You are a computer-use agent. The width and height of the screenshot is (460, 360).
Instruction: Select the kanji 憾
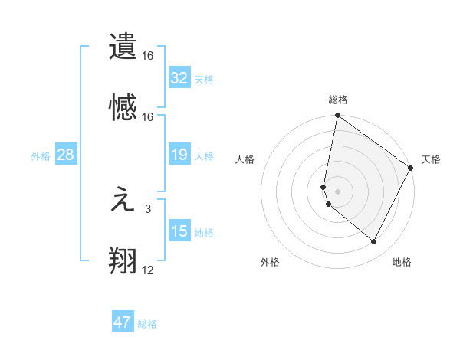point(123,107)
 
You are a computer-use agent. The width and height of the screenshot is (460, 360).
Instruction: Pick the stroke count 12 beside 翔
point(147,270)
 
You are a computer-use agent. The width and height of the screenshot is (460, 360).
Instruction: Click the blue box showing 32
point(179,78)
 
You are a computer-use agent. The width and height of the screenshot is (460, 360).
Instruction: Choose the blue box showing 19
point(179,155)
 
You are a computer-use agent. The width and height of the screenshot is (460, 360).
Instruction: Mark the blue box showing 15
point(179,232)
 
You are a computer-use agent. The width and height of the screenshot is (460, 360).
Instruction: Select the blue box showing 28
point(66,155)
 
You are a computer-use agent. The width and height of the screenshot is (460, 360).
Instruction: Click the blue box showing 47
point(123,322)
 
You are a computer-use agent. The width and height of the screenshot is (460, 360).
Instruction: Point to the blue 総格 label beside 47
point(147,324)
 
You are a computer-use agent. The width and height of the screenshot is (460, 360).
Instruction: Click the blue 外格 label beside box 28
point(41,156)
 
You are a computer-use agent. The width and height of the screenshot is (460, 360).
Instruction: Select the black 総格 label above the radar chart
point(337,100)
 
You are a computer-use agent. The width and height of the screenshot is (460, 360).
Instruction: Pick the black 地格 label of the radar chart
point(402,262)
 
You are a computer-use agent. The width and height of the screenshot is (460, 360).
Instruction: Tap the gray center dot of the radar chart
point(337,190)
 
